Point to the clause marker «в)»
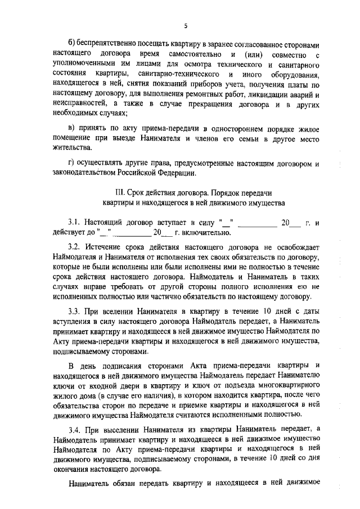[x=71, y=128]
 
